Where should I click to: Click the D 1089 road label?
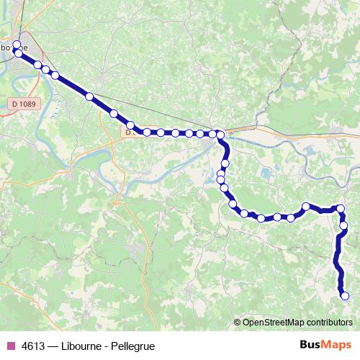24,104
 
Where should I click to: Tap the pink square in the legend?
10,346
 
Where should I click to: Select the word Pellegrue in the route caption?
134,346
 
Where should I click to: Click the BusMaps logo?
325,345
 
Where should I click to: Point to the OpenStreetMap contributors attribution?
297,322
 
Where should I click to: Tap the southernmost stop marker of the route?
344,295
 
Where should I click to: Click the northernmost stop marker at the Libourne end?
17,45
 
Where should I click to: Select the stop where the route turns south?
220,134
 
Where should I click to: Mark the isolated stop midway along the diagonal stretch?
89,96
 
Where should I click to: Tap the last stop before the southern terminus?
343,225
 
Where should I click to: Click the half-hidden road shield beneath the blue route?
129,132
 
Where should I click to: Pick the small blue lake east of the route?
267,173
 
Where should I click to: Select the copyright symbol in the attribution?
238,322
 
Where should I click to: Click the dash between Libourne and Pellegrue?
106,346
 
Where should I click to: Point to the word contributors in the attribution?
328,322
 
